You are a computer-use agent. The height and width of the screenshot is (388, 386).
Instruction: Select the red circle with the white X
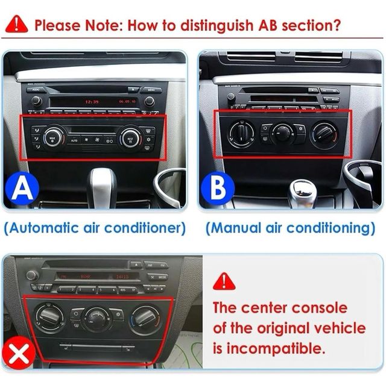pos(20,354)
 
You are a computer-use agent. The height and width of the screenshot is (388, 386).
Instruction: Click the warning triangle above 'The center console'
pos(224,282)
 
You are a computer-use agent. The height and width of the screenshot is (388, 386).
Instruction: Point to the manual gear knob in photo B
pos(301,191)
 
